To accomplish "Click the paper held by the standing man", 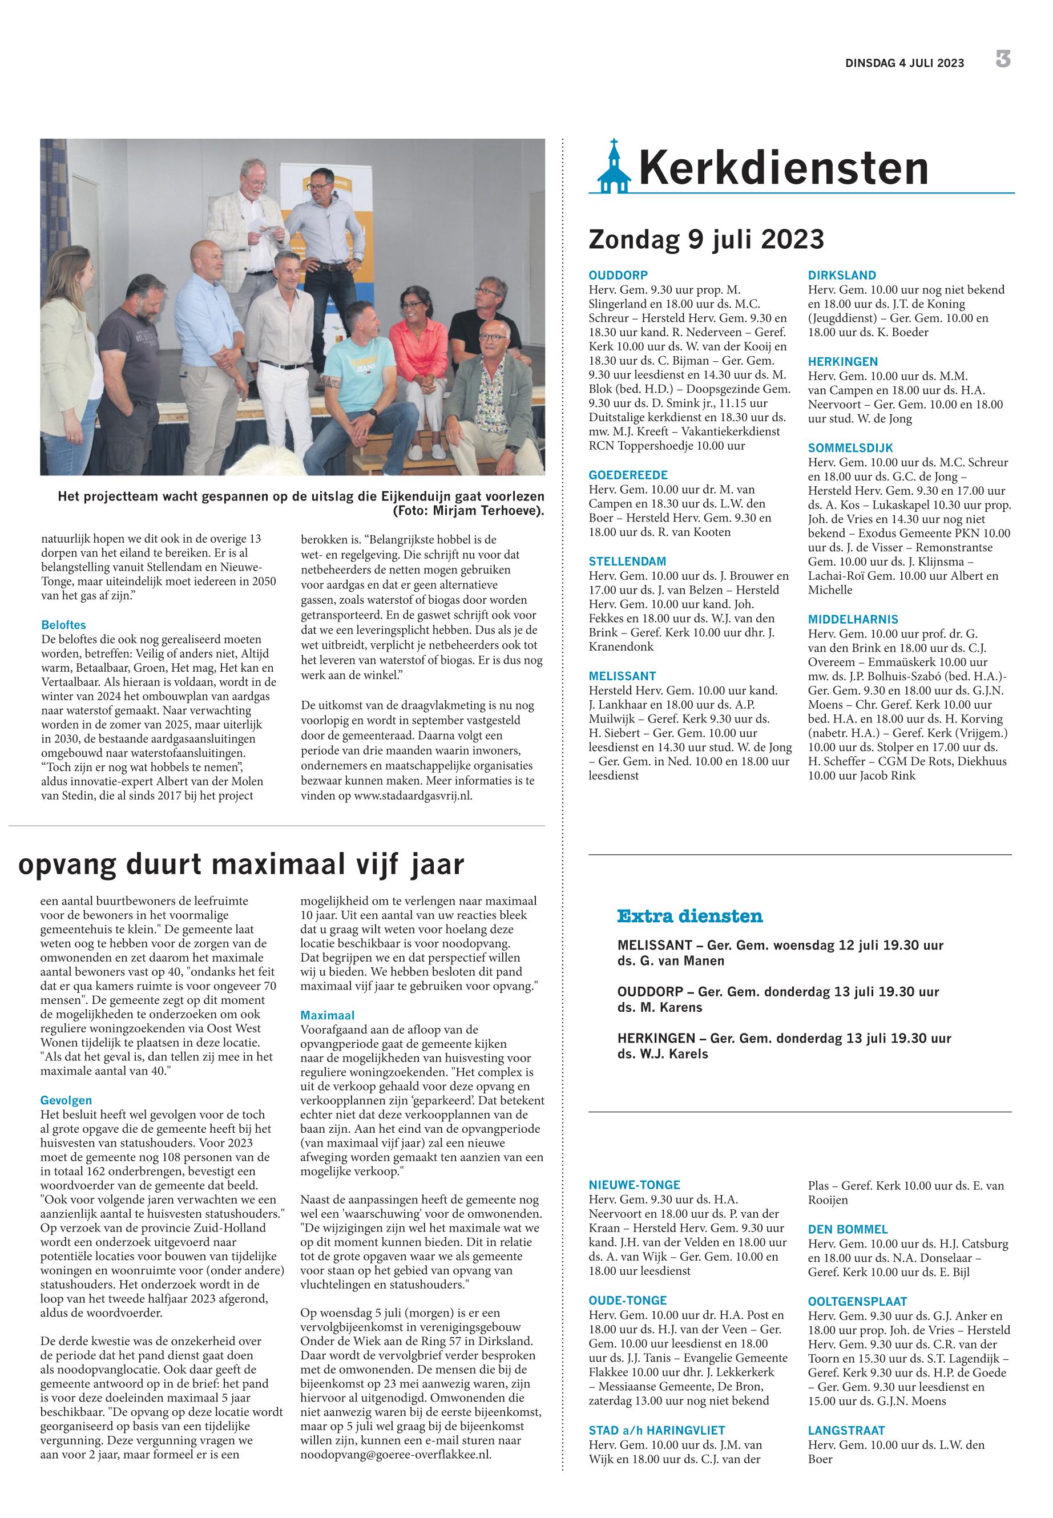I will coord(271,228).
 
